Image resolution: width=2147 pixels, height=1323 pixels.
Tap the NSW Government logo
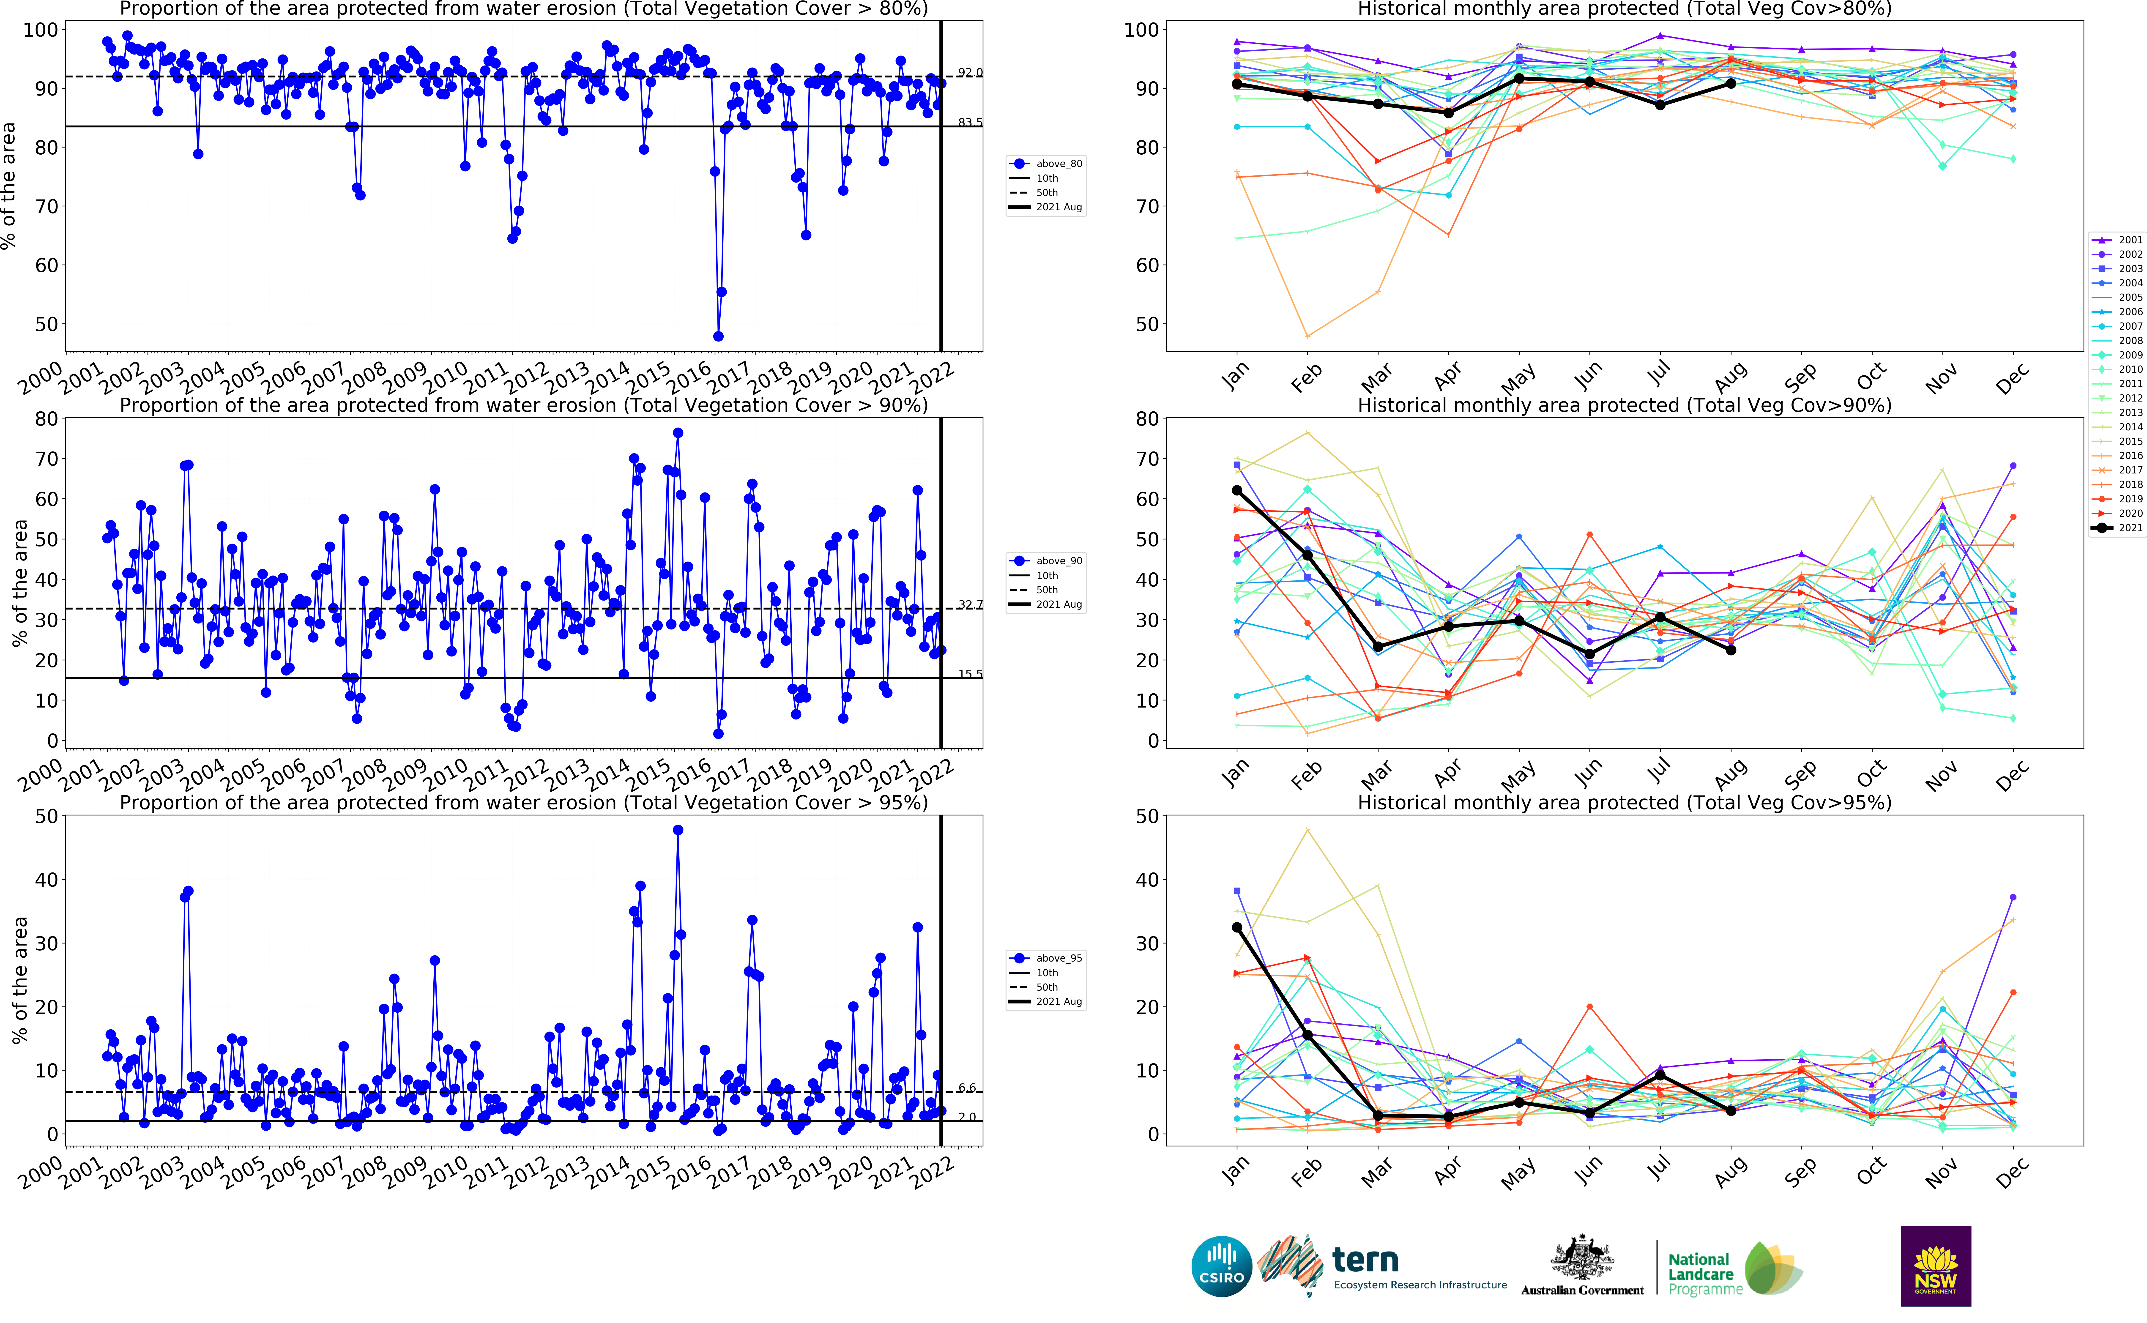[1935, 1266]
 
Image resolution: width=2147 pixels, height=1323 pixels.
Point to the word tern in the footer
[1365, 1260]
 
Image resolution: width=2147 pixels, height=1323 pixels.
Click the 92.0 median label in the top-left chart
[969, 72]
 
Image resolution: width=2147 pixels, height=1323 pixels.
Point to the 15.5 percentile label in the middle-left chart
[969, 674]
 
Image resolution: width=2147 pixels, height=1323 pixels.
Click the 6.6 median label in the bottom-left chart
[966, 1088]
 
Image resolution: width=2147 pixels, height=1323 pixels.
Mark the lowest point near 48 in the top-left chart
[718, 336]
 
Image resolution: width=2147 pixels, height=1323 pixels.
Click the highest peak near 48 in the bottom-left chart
[678, 830]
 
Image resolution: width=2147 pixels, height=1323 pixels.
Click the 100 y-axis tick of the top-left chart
[40, 30]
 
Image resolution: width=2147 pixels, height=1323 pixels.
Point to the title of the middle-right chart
[1624, 405]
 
